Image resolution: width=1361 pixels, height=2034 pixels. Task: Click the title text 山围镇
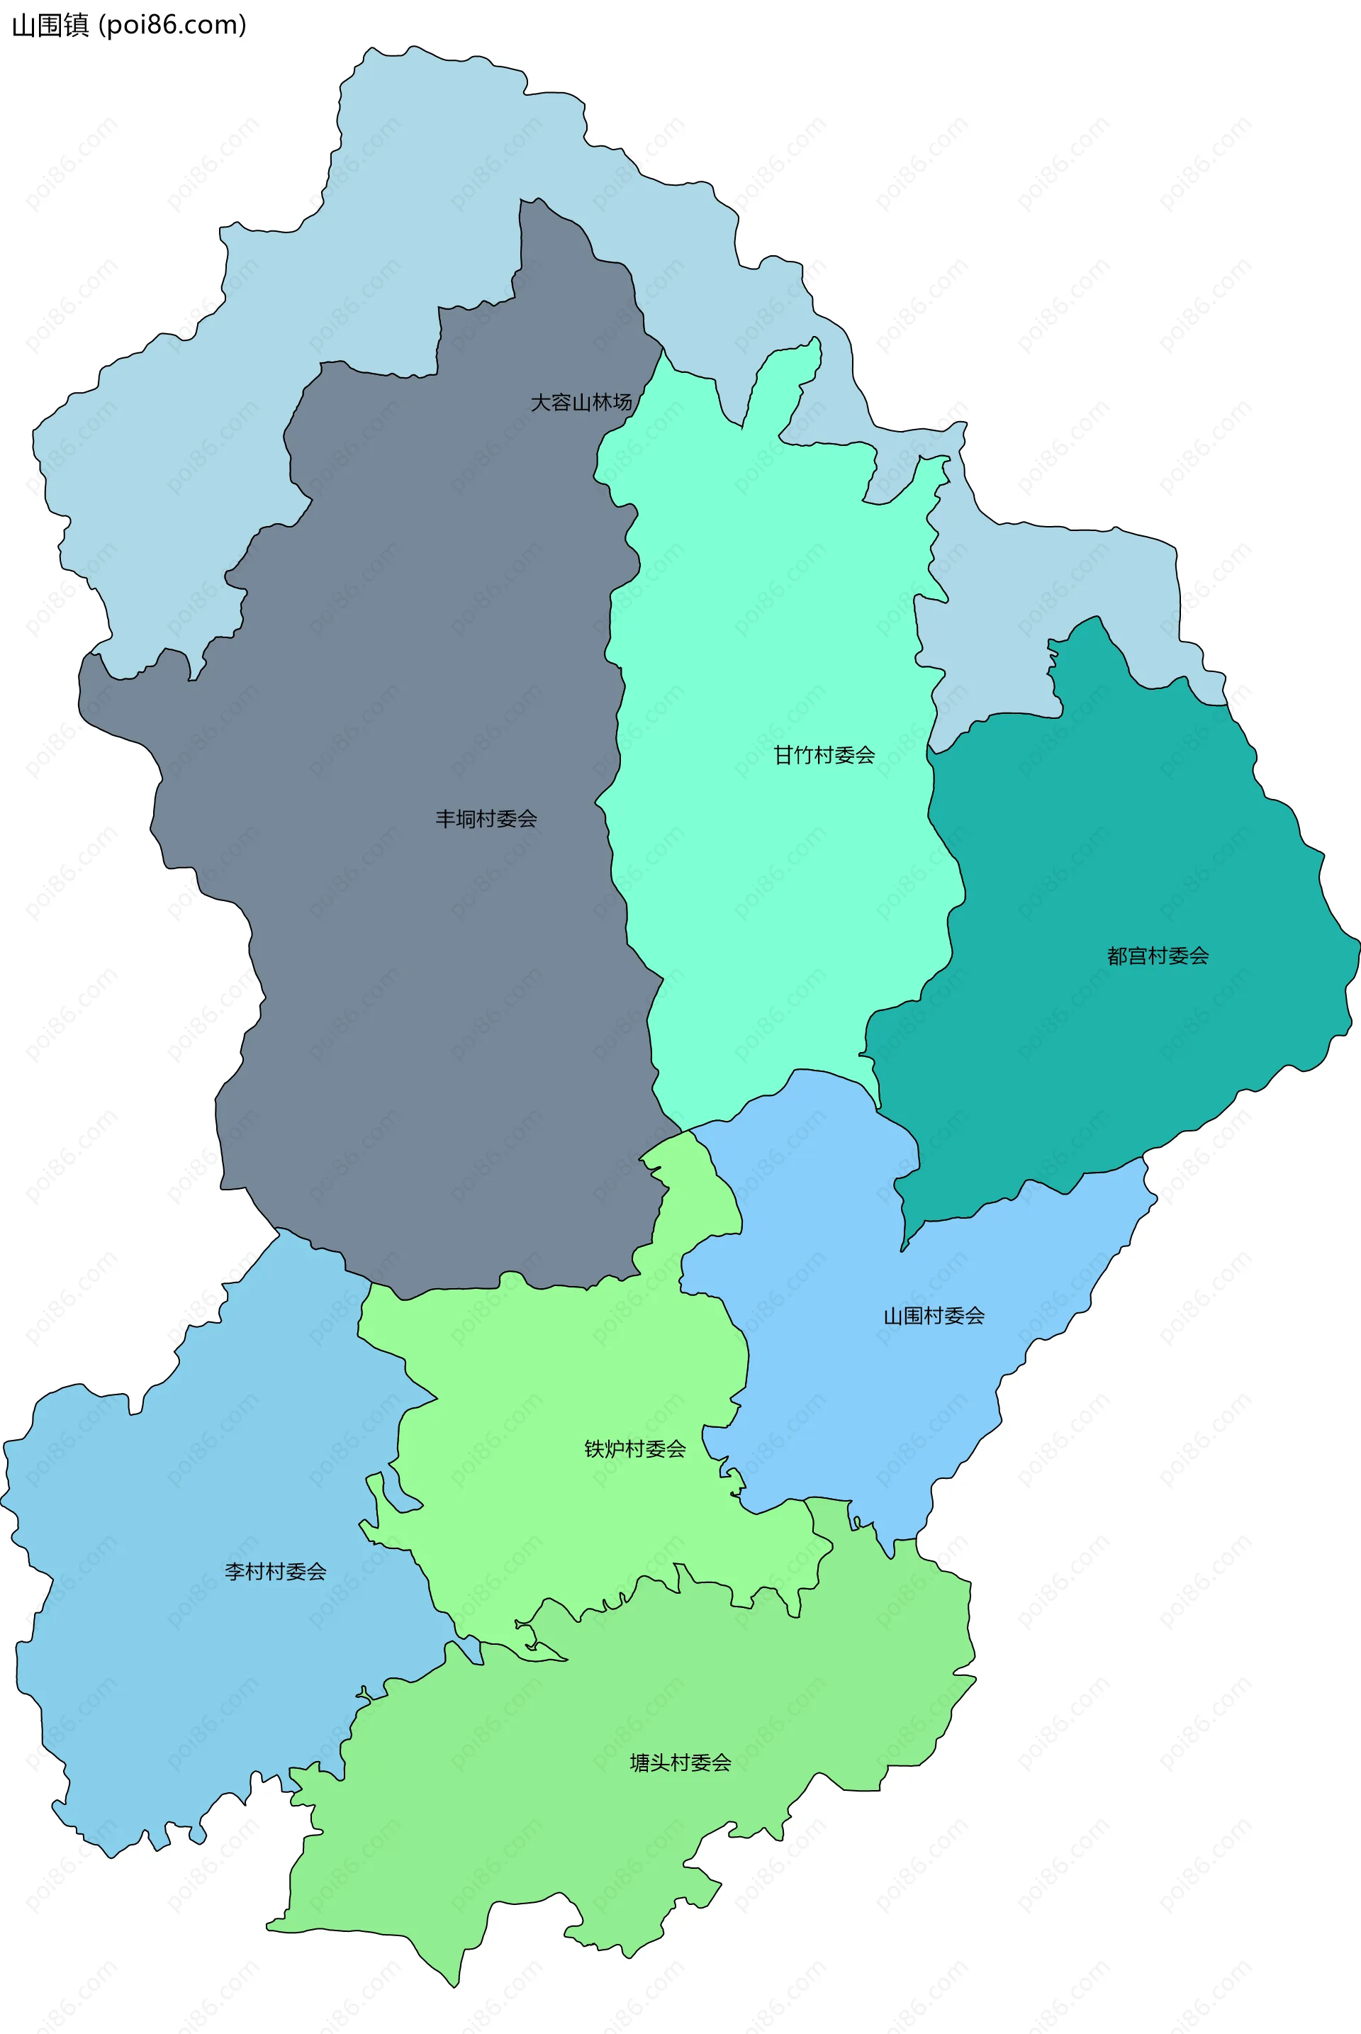point(50,26)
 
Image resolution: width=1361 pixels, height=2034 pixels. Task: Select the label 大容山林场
point(581,403)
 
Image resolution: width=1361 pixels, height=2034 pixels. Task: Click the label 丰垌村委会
point(486,819)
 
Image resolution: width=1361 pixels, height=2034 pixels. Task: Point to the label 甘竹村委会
point(824,755)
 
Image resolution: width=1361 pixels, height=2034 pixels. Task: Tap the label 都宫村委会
point(1157,956)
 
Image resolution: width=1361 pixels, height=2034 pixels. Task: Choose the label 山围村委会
point(934,1316)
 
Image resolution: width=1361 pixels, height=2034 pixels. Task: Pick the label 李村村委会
point(275,1571)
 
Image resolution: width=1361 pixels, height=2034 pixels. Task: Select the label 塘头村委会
point(680,1762)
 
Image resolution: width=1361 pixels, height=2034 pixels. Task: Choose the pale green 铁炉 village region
point(564,1372)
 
